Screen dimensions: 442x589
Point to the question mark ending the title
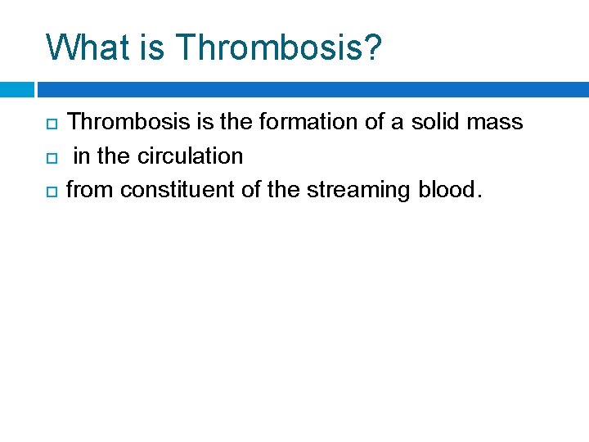(372, 47)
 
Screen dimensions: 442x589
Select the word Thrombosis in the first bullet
(129, 122)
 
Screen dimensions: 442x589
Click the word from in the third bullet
(90, 190)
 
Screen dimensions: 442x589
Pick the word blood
(446, 190)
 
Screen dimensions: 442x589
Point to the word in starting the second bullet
(81, 156)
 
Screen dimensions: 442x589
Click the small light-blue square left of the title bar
(17, 88)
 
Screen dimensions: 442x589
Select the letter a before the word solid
(396, 124)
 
